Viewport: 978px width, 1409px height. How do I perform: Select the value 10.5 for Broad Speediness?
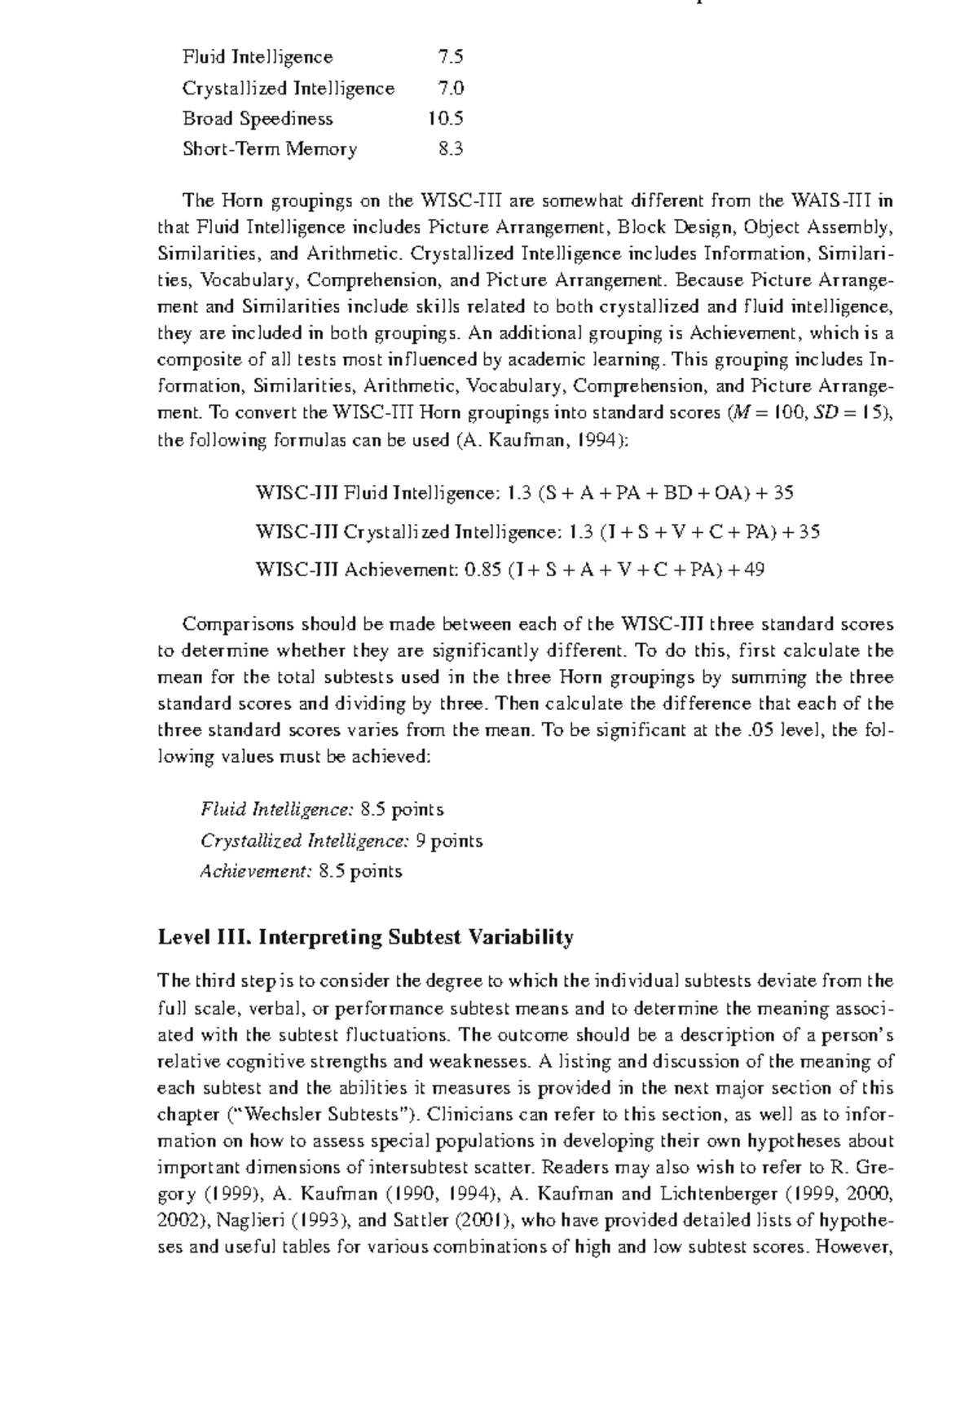[x=445, y=118]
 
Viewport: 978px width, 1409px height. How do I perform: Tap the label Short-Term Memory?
[x=270, y=149]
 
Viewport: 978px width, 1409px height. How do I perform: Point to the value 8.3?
[x=450, y=149]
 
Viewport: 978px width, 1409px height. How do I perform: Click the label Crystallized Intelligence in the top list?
[x=289, y=88]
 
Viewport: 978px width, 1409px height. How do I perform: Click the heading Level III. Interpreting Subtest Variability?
[x=365, y=937]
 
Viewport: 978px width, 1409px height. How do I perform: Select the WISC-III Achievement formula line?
[x=509, y=570]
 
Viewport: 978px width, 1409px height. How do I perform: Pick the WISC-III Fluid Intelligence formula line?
[x=525, y=493]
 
